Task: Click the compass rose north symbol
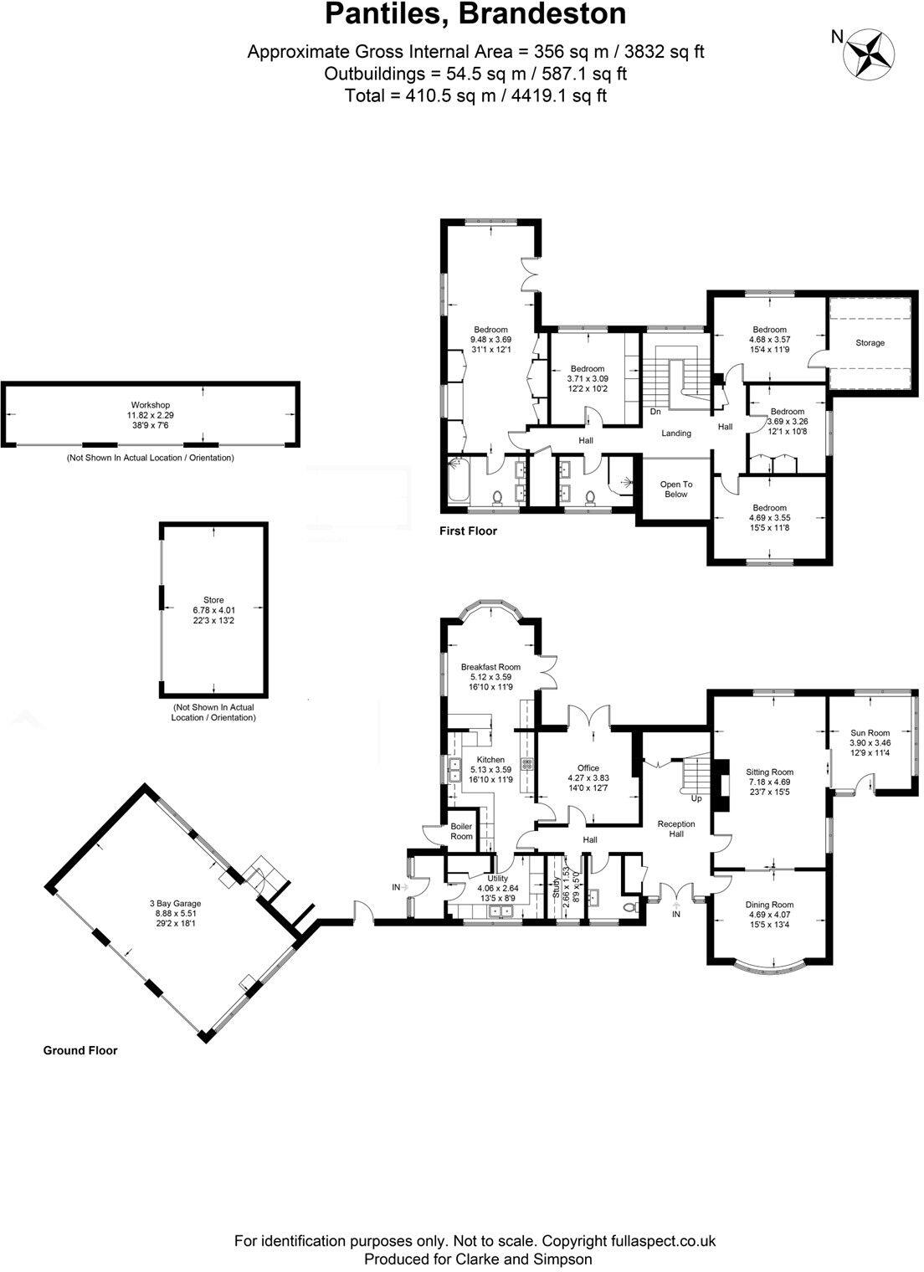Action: tap(867, 54)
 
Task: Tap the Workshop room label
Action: tap(150, 405)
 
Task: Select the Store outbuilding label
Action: tap(213, 600)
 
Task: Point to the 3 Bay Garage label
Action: tap(175, 904)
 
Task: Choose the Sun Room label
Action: tap(870, 733)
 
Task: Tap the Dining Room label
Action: tap(769, 905)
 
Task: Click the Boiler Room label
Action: tap(461, 831)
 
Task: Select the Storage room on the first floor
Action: tap(870, 343)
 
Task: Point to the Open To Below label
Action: tap(675, 490)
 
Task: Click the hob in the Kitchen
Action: tap(527, 763)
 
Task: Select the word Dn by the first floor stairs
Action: tap(655, 412)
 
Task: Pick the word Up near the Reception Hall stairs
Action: tap(696, 798)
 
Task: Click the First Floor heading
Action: tap(469, 531)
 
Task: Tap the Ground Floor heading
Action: tap(80, 1050)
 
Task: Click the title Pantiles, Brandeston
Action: tap(475, 14)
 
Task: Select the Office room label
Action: tap(588, 768)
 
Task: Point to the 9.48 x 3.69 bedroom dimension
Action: tap(490, 340)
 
